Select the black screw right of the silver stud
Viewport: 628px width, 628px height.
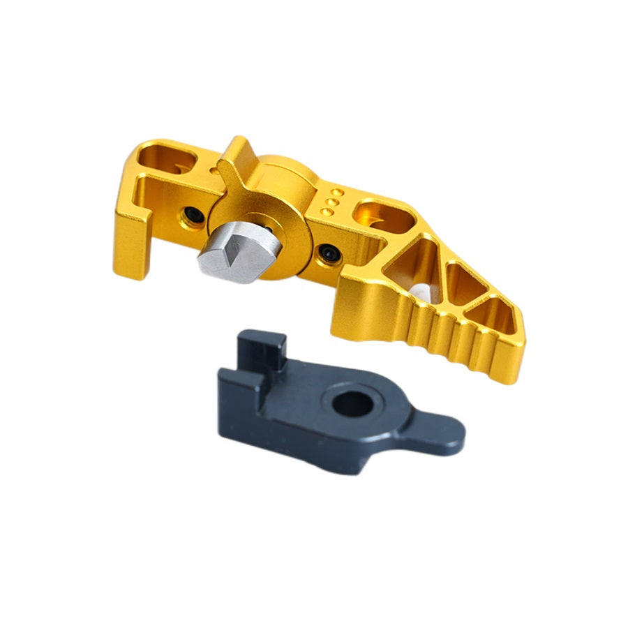pyautogui.click(x=328, y=254)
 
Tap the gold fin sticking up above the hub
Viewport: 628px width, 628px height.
pyautogui.click(x=235, y=158)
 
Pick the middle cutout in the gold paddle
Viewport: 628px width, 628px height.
pyautogui.click(x=464, y=286)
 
